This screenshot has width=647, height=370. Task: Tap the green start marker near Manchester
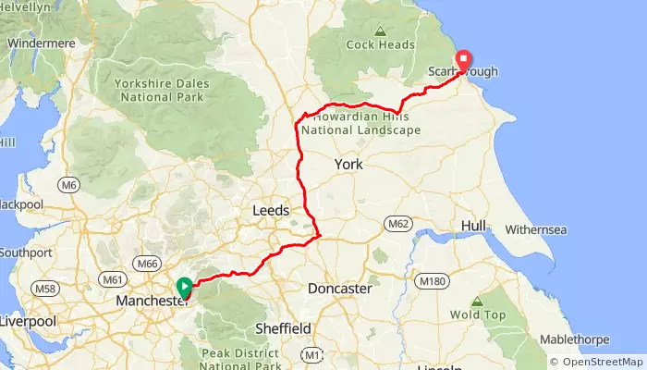coord(184,288)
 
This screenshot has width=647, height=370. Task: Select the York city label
coord(348,164)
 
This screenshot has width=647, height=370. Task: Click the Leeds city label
coord(271,211)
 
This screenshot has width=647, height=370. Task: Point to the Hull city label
coord(473,227)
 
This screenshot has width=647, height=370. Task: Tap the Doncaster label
coord(339,289)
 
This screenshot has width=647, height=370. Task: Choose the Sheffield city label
coord(283,328)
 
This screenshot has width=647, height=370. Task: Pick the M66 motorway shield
coord(147,264)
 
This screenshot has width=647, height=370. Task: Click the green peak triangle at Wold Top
coord(477,302)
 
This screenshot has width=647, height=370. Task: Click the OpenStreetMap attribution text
coord(596,362)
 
